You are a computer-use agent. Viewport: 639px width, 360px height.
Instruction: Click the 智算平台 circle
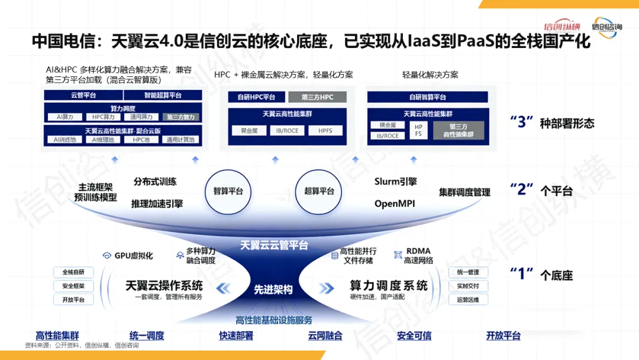228,191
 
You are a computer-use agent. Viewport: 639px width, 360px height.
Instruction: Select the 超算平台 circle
319,191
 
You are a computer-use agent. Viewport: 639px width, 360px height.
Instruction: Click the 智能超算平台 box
163,95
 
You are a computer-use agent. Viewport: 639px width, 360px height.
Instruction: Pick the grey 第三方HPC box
317,97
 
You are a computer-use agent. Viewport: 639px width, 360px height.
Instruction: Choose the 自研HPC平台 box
256,97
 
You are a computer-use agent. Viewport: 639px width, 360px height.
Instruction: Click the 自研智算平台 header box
427,97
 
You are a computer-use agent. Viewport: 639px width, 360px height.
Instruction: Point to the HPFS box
325,130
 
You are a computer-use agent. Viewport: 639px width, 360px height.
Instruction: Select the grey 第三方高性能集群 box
459,130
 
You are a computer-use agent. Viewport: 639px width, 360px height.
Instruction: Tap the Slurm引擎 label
395,182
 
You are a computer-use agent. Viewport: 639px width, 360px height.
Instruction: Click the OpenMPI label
395,204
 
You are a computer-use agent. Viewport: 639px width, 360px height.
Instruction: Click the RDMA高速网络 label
418,255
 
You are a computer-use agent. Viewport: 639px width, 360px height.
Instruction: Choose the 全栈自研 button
73,272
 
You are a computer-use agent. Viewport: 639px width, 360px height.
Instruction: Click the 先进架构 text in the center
273,290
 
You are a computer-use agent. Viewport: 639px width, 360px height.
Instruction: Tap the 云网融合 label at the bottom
325,336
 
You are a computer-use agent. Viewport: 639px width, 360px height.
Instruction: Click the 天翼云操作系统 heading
164,285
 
